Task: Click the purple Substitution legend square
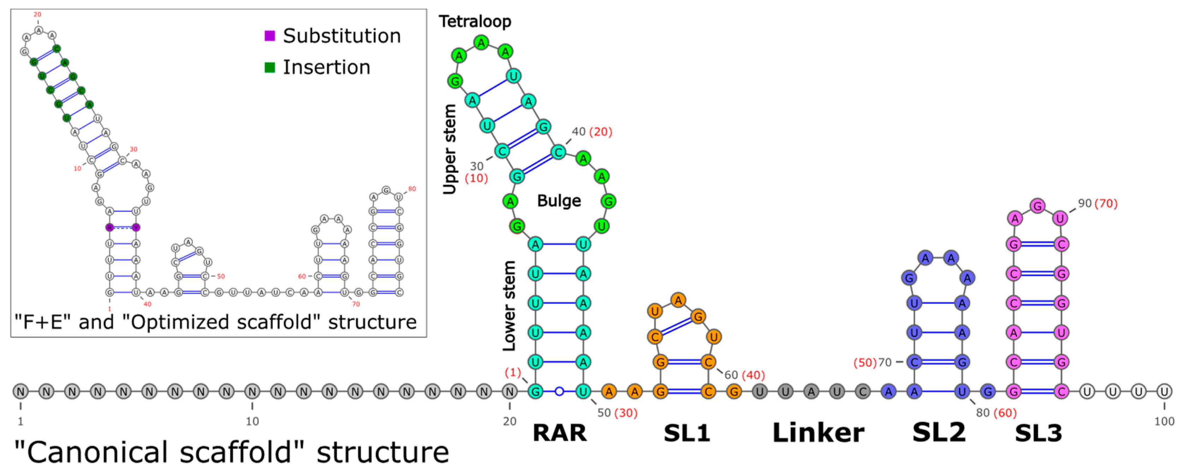(270, 36)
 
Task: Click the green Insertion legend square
(270, 68)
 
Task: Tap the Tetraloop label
(475, 22)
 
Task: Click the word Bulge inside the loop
(559, 201)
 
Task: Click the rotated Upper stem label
(450, 149)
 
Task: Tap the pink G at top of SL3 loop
(1038, 206)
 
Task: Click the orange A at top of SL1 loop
(678, 300)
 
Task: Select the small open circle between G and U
(559, 392)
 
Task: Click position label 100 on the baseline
(1164, 421)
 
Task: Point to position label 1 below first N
(20, 421)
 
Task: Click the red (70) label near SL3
(1106, 203)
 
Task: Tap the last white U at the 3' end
(1164, 392)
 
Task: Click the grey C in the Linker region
(863, 392)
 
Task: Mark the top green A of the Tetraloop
(481, 43)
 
